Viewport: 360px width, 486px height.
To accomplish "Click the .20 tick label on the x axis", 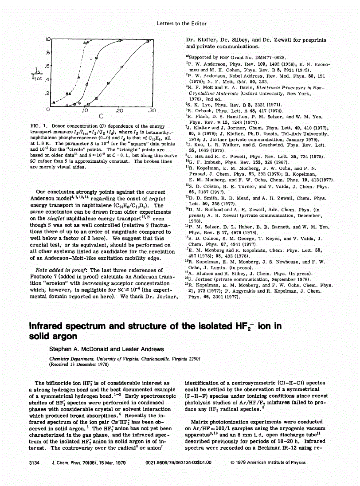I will point(119,110).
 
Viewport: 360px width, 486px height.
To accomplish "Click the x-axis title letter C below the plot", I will point(101,117).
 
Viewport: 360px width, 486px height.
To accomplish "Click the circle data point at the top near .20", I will point(120,41).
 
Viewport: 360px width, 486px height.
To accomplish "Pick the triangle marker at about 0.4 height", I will point(78,77).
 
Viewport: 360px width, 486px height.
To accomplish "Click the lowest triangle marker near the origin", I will point(54,102).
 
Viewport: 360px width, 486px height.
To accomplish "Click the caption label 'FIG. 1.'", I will point(38,126).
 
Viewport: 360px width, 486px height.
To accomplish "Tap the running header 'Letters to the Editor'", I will point(181,24).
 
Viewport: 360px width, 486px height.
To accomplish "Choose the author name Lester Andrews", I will point(132,348).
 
